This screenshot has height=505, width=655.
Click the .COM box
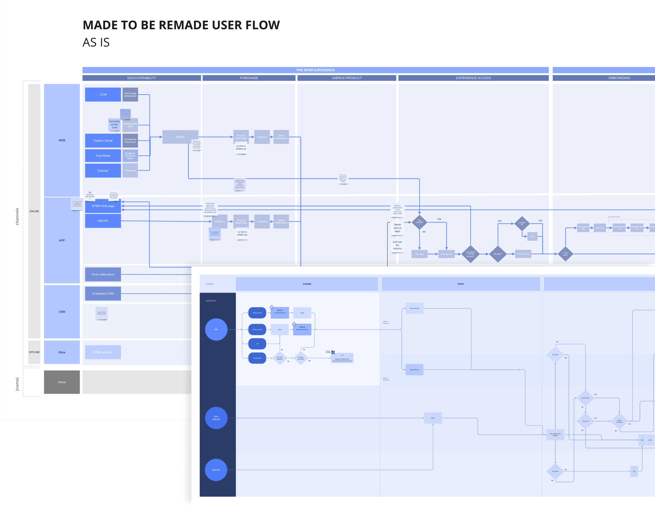point(103,95)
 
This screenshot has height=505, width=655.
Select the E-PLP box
point(180,137)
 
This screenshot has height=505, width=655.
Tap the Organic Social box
point(103,140)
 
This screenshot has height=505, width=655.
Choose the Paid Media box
point(103,156)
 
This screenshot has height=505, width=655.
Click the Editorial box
point(103,170)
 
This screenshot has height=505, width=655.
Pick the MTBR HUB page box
point(103,206)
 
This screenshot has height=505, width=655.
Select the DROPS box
point(103,221)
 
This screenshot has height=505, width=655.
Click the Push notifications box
point(103,274)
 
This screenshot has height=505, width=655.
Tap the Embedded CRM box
point(103,294)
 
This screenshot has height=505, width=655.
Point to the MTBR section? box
point(103,352)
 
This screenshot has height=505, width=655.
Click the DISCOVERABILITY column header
point(142,78)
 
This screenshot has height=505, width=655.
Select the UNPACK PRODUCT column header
point(347,78)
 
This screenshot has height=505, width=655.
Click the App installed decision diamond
point(419,222)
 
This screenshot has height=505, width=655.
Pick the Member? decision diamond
point(498,254)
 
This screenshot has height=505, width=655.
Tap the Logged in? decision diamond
point(522,223)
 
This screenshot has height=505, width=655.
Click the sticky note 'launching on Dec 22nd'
point(114,125)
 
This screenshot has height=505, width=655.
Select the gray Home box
point(62,382)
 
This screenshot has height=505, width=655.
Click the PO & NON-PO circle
point(216,418)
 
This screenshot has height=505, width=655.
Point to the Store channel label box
point(62,352)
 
